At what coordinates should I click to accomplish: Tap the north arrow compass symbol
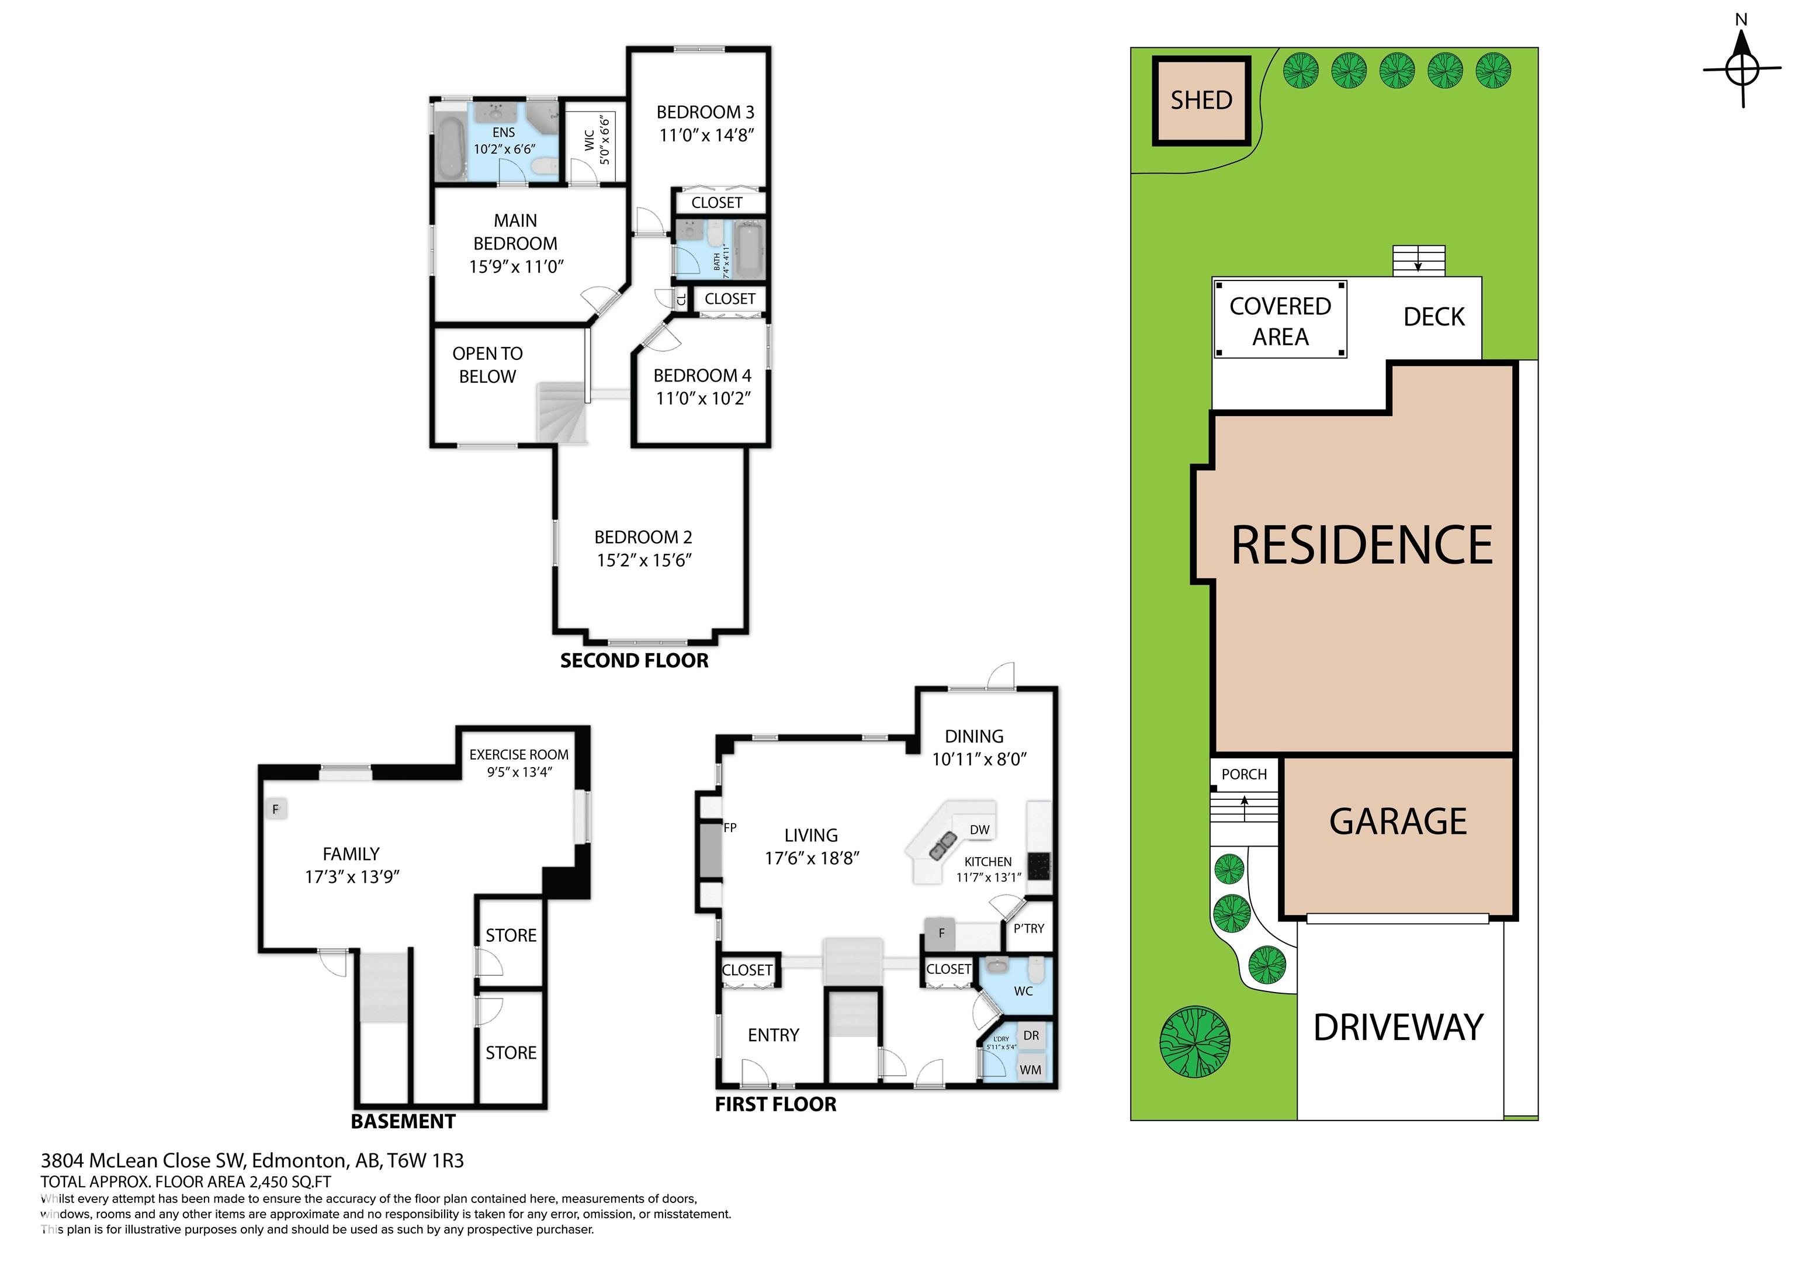[x=1741, y=70]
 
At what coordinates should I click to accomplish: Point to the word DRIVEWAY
[x=1397, y=1027]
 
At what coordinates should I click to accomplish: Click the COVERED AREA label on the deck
[x=1280, y=321]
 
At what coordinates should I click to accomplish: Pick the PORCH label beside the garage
[x=1244, y=774]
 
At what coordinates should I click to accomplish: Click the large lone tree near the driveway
[x=1194, y=1043]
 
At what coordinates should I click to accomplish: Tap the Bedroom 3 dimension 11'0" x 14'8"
[x=706, y=136]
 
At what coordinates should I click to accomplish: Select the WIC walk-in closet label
[x=590, y=140]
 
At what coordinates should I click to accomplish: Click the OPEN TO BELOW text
[x=487, y=365]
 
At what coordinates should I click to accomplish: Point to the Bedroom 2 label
[x=643, y=537]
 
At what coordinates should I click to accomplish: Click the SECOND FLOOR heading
[x=634, y=661]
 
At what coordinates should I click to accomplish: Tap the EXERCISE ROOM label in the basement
[x=518, y=754]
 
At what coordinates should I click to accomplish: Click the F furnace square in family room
[x=275, y=809]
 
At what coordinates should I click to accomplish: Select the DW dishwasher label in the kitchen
[x=979, y=830]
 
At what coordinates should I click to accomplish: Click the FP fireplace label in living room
[x=729, y=827]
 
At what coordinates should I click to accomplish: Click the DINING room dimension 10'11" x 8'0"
[x=979, y=759]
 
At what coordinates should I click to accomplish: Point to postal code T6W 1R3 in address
[x=425, y=1160]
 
